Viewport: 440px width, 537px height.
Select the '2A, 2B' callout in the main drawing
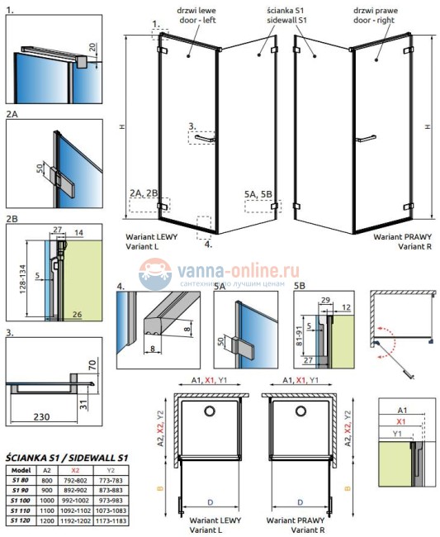tap(144, 193)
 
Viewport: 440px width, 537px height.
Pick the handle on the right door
tap(361, 135)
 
